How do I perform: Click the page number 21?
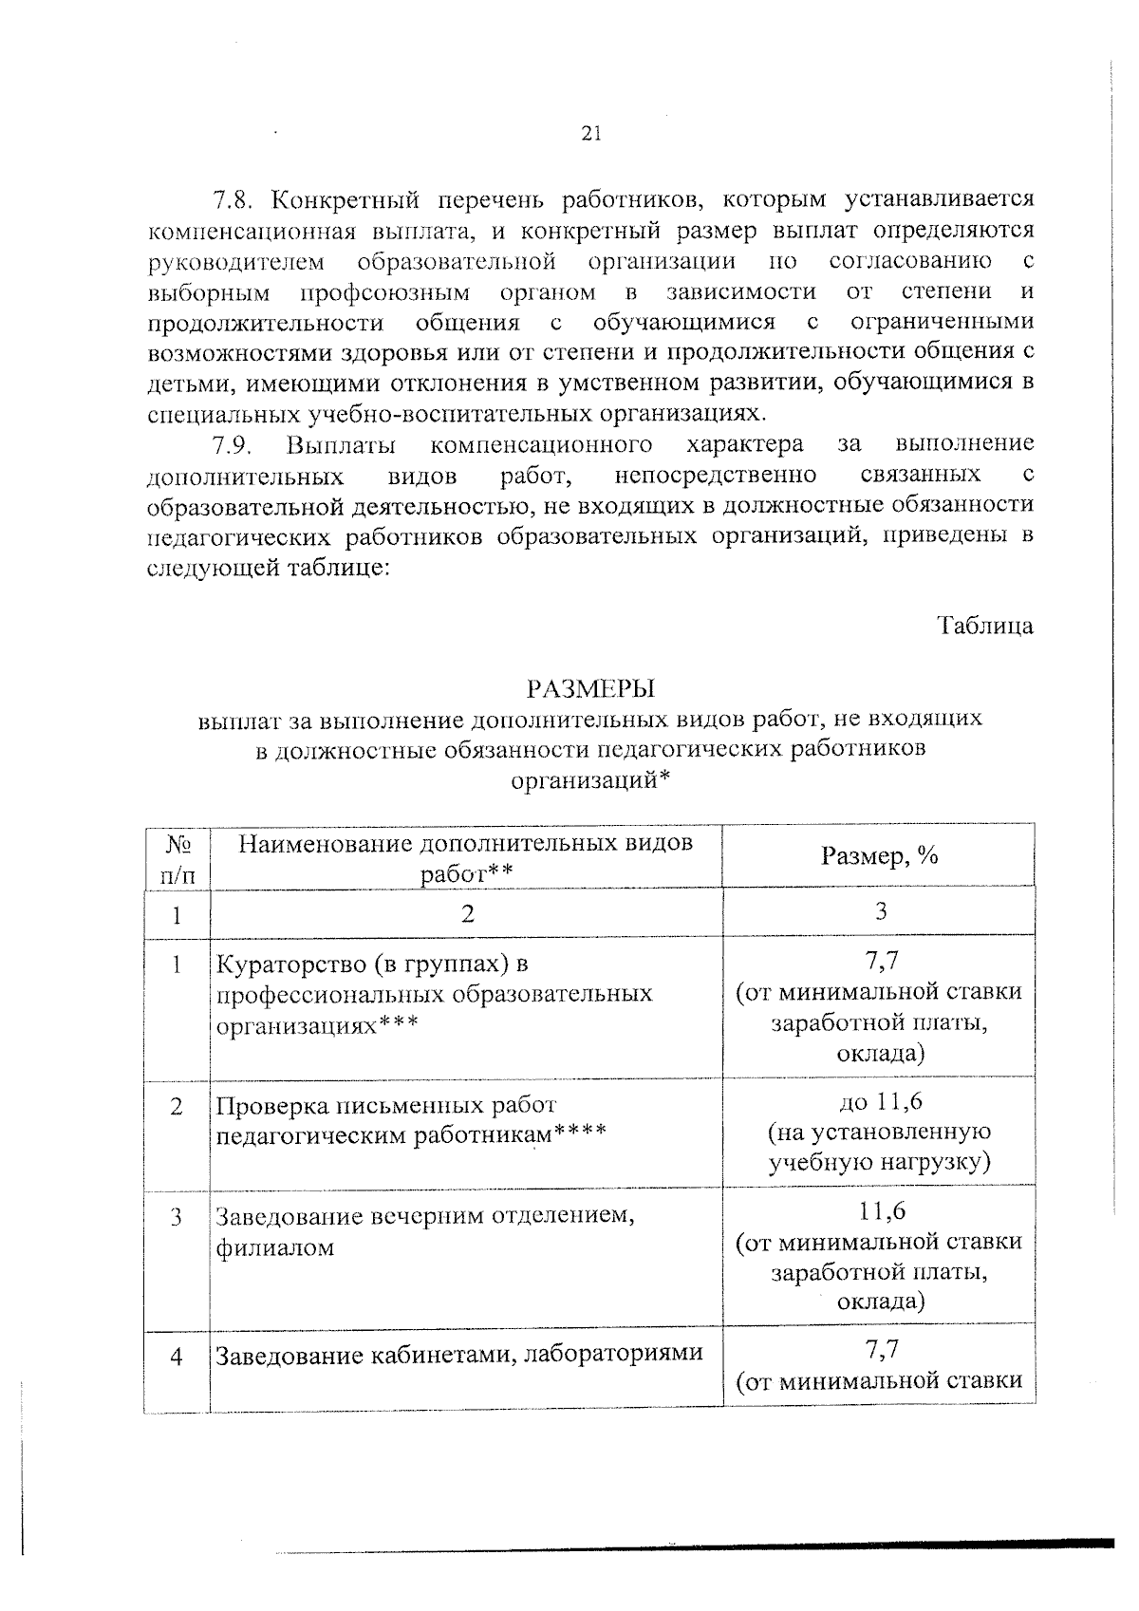tap(590, 133)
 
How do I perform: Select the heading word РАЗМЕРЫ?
tap(590, 687)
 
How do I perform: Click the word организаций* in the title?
tap(590, 780)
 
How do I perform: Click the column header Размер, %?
tap(879, 855)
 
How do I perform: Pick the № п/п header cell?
tap(177, 857)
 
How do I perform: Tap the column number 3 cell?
tap(879, 912)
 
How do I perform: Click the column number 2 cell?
tap(465, 914)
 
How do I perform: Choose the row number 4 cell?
tap(177, 1357)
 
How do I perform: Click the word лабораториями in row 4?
tap(613, 1354)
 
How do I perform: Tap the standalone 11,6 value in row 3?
tap(881, 1210)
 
